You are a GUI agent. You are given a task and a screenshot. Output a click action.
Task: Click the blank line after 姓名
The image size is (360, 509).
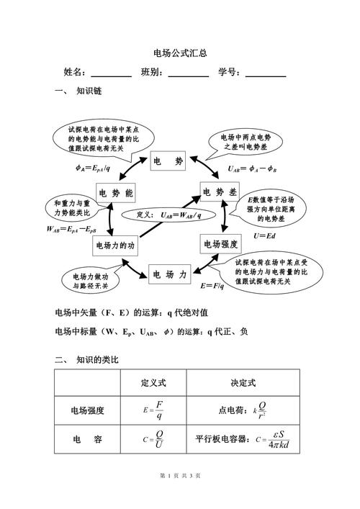[111, 74]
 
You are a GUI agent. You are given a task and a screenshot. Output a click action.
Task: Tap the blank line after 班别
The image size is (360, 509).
[187, 74]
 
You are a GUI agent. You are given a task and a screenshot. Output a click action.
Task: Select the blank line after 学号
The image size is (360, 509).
[266, 74]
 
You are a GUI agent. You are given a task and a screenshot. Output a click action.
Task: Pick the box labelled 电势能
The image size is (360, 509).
[115, 194]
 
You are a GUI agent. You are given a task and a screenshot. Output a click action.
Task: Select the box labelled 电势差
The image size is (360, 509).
[220, 192]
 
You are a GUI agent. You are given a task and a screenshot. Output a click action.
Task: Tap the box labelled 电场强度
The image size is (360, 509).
[220, 243]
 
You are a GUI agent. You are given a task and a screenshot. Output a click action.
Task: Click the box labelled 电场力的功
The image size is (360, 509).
[115, 246]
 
